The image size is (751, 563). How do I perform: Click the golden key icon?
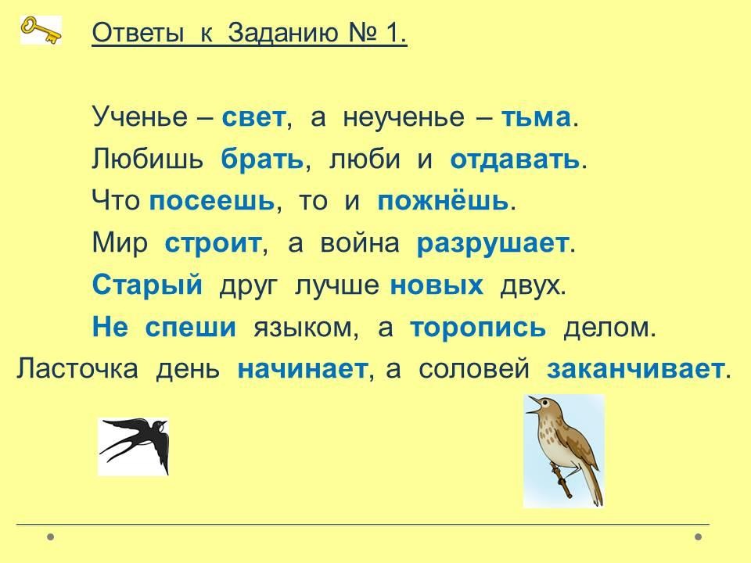41,30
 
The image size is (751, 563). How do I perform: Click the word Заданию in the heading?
283,34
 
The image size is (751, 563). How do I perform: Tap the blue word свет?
253,117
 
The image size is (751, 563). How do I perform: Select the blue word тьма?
536,117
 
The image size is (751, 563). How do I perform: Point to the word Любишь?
148,159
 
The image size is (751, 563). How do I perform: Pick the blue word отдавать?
515,160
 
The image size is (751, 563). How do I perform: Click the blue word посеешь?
212,201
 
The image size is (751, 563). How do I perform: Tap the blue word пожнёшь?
443,201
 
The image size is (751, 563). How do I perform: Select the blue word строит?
213,244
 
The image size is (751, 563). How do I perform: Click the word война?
360,243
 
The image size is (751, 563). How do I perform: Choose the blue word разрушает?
493,244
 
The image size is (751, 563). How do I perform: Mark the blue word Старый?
148,285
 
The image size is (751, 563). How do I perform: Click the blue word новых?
437,286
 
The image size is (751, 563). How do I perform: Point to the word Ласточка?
77,369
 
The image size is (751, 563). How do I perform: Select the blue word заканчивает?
635,370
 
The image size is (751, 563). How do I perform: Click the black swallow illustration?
134,446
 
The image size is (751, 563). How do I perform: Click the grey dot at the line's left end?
50,536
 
